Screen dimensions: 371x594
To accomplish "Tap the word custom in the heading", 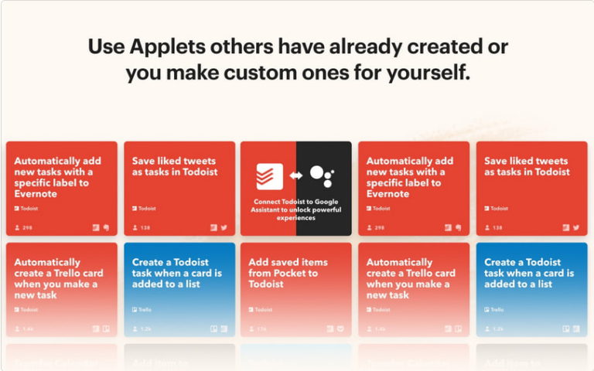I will (285, 74).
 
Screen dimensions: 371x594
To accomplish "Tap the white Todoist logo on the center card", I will (270, 176).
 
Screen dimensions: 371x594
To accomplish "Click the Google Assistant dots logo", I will (322, 175).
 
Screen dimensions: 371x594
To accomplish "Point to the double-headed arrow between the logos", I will (295, 176).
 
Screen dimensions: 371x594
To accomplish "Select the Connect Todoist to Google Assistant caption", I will (295, 209).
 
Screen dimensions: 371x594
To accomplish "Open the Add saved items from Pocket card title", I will (283, 273).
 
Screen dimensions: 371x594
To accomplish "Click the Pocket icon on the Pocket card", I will (342, 328).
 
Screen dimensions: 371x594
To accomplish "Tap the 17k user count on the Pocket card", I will (261, 329).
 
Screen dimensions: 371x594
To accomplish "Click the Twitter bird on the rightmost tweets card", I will (576, 228).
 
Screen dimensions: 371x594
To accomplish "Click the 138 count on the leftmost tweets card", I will (144, 228).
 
